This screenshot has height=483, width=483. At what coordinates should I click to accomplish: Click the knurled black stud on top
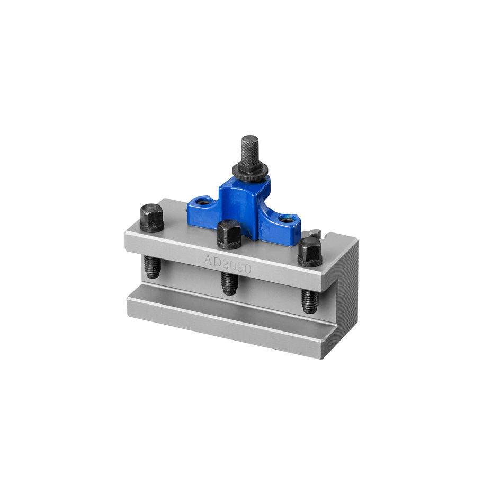point(250,149)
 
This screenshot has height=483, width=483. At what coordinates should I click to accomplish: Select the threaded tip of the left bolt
point(153,267)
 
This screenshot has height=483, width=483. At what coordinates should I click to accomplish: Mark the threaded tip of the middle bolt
point(229,284)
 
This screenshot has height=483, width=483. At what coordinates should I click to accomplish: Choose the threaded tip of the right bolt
point(309,301)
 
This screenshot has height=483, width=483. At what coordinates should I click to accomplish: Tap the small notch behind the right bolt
point(316,234)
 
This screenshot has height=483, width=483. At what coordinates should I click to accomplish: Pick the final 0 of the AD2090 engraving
point(247,269)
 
